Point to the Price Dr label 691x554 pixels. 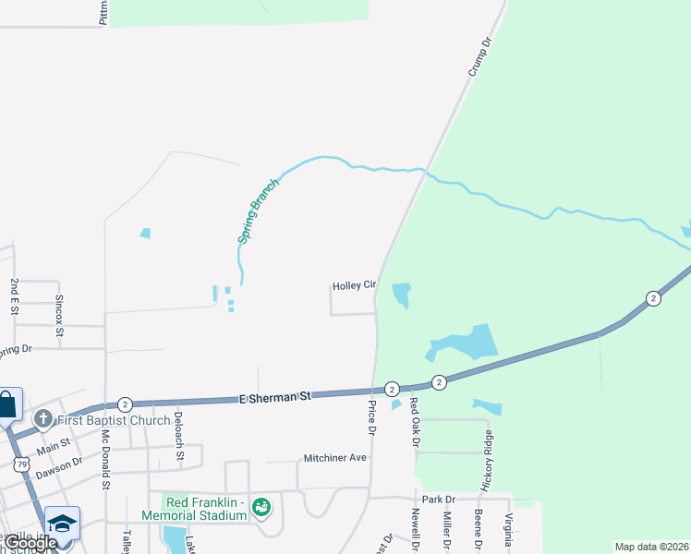coord(372,417)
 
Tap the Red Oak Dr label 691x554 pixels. coord(415,418)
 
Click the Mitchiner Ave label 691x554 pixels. coord(335,458)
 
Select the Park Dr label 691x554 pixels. coord(432,499)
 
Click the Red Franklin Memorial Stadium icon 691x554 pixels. coord(261,507)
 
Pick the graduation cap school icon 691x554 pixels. coord(62,523)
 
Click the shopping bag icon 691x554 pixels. coord(6,404)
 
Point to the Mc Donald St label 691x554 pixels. coord(106,458)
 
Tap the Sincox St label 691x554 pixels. coord(59,315)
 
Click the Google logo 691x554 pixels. coord(30,543)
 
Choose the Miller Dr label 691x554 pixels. coord(447,532)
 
